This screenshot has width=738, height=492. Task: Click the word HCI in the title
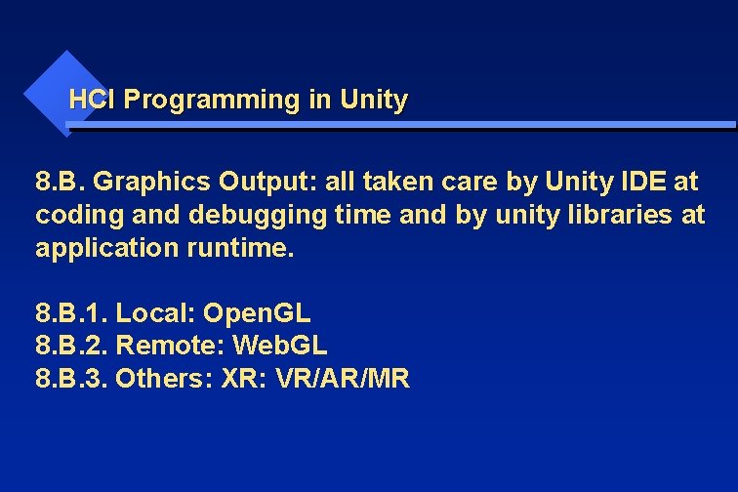point(94,100)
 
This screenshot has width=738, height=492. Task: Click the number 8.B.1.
point(71,313)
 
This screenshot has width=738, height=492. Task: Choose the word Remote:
point(159,346)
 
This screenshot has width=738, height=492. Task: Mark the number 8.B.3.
point(71,379)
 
